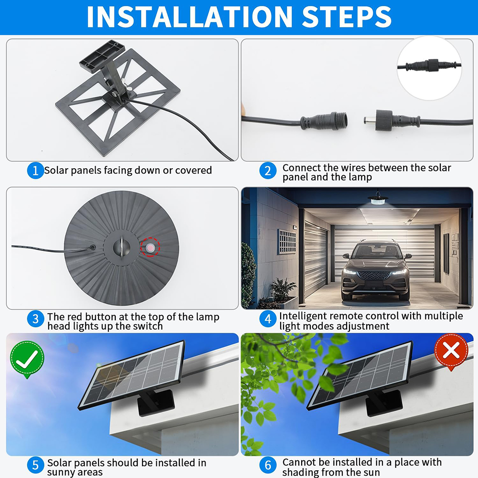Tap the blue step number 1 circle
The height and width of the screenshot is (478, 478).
pyautogui.click(x=35, y=171)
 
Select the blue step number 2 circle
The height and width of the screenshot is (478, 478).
pyautogui.click(x=268, y=171)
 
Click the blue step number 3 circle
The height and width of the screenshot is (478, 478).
pyautogui.click(x=36, y=319)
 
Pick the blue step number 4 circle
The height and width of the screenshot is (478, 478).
pyautogui.click(x=268, y=319)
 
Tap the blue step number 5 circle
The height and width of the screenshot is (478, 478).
pyautogui.click(x=36, y=465)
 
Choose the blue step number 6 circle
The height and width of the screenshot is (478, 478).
pyautogui.click(x=268, y=465)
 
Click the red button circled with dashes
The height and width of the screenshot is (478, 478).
pyautogui.click(x=150, y=247)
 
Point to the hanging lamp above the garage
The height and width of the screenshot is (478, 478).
pyautogui.click(x=378, y=199)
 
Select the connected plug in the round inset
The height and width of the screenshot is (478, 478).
pyautogui.click(x=430, y=65)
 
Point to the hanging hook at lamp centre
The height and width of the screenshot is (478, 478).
pyautogui.click(x=121, y=247)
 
